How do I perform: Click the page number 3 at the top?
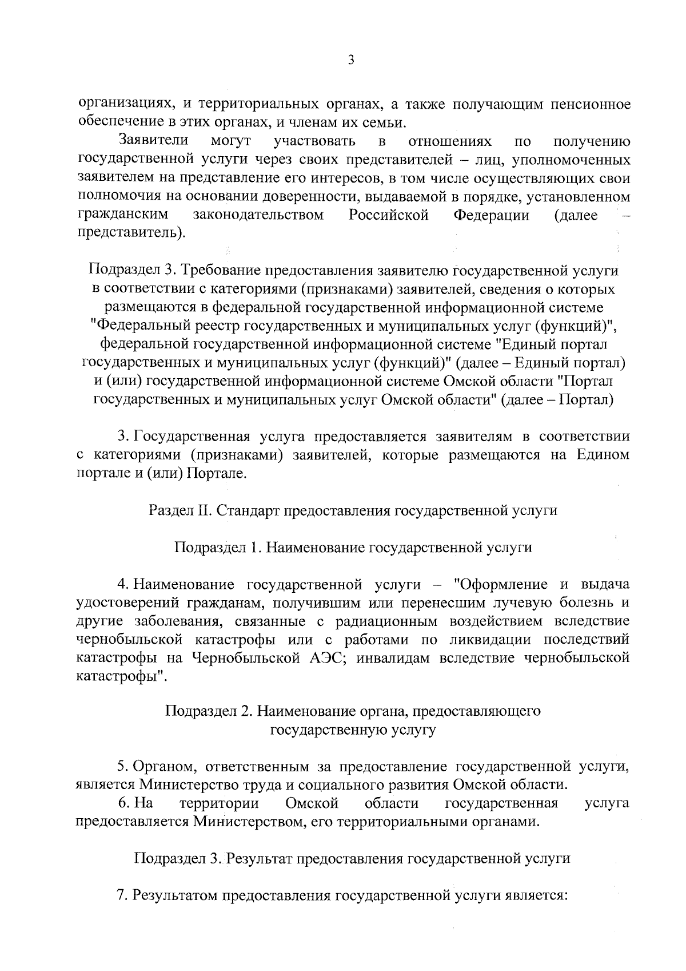[351, 60]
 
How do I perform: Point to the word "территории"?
[219, 803]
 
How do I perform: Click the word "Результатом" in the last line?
[173, 895]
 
